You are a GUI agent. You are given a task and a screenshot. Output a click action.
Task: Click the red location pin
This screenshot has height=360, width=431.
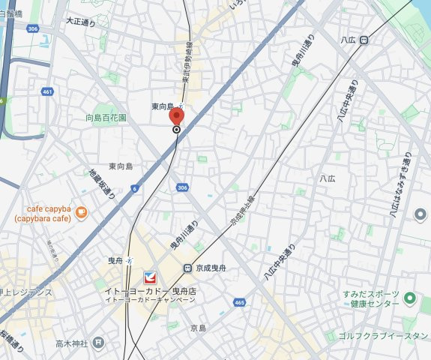176,118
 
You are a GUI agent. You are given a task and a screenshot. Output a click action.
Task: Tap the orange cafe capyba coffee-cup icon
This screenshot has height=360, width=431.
81,213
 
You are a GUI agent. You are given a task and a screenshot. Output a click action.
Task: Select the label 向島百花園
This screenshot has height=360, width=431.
106,118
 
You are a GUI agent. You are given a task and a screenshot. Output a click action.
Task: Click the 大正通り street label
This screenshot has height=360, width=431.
81,22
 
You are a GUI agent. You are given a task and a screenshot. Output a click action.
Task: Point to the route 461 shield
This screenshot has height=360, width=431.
48,92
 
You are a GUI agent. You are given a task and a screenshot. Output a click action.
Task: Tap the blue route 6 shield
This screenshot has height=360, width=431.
134,188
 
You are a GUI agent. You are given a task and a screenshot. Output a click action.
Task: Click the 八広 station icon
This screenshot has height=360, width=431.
363,40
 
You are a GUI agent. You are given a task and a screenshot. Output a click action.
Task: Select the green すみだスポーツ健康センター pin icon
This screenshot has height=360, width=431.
409,299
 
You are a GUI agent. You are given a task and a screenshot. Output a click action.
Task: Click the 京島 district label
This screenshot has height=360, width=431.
198,328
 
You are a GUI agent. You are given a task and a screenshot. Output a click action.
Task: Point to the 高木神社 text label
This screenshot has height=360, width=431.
71,343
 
